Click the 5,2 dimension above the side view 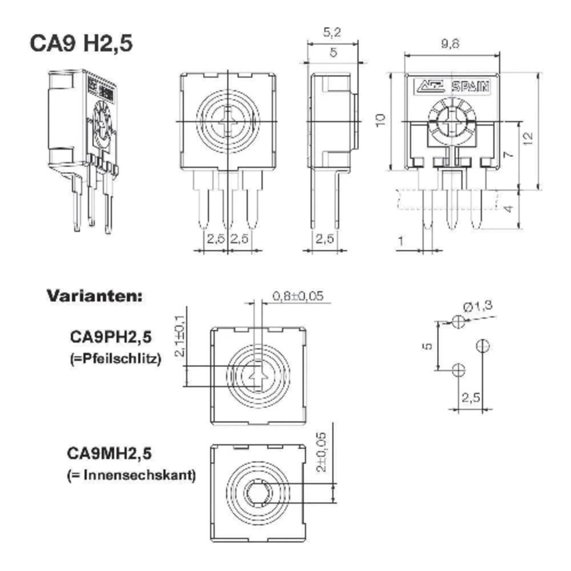332,33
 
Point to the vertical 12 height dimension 528,137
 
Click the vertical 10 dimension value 381,120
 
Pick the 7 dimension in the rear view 509,153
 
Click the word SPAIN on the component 471,87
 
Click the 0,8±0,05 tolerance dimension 298,296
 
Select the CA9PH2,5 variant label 111,337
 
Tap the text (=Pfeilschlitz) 115,360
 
